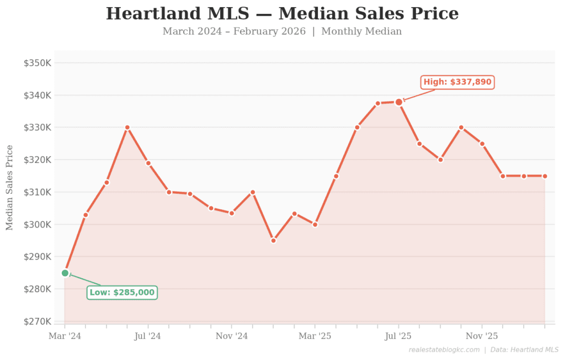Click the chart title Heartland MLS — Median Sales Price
click(282, 13)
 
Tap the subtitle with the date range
click(282, 31)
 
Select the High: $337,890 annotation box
click(457, 82)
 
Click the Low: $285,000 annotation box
click(122, 292)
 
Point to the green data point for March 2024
click(65, 273)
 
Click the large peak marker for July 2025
click(398, 102)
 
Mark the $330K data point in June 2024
click(127, 128)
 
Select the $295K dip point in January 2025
click(273, 241)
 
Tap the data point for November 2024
click(232, 213)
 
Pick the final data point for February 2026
click(545, 176)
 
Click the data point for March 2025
click(315, 225)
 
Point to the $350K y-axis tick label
click(37, 63)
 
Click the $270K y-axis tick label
click(37, 321)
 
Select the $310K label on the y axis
click(37, 192)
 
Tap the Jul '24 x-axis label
click(147, 335)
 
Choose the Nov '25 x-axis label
click(482, 335)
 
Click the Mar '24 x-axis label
click(65, 335)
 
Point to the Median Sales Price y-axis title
click(9, 188)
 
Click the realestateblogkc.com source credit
click(445, 350)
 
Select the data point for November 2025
click(482, 144)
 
